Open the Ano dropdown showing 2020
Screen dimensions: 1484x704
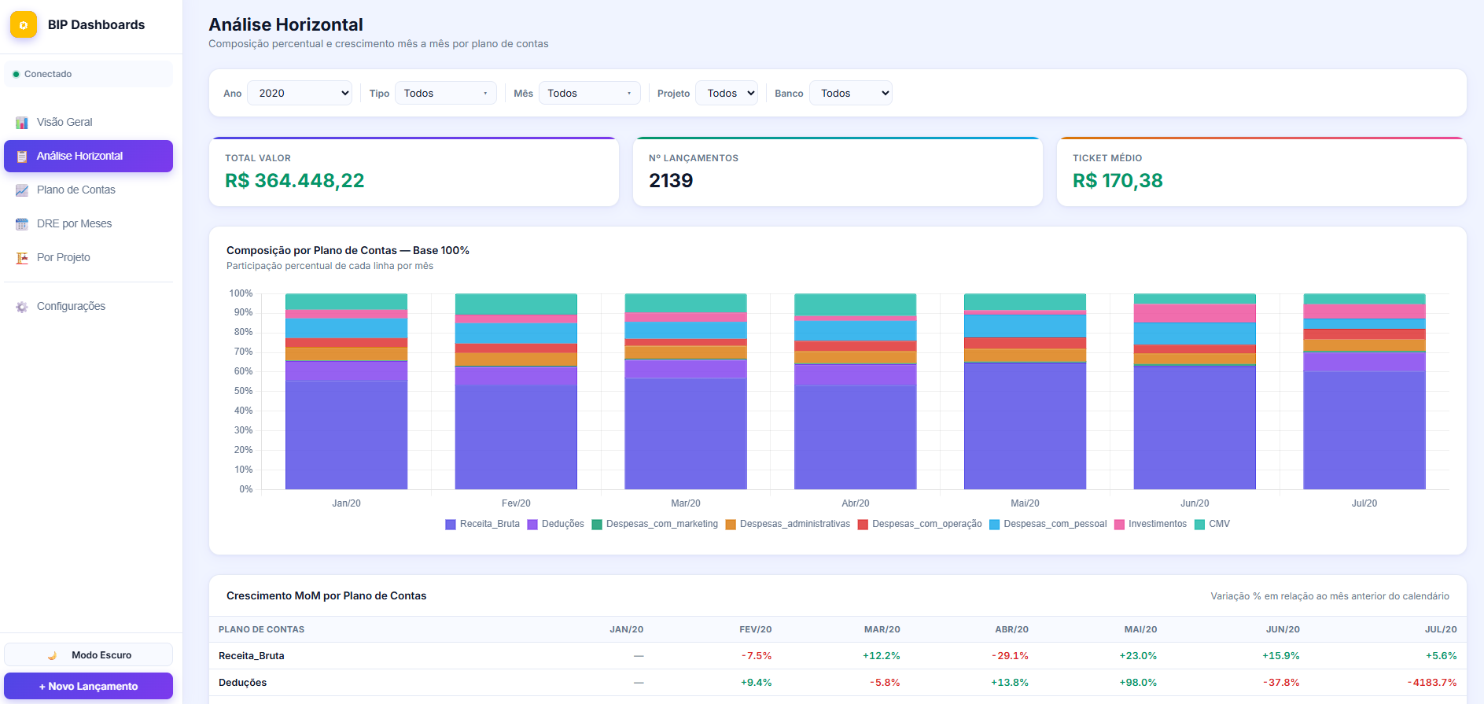coord(300,93)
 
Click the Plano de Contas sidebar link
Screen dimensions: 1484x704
coord(75,190)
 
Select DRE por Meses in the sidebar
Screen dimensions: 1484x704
coord(74,223)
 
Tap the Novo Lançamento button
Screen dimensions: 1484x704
coord(88,686)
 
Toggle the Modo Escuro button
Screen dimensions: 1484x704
coord(88,654)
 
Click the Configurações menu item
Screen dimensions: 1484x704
coord(71,306)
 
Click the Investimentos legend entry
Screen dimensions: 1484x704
coord(1151,524)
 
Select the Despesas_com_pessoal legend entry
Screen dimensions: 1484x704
coord(1048,524)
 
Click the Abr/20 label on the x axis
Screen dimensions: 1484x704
coord(855,503)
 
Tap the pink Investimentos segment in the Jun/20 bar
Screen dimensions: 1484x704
coord(1195,313)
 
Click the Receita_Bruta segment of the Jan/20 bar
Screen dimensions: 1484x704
coord(346,435)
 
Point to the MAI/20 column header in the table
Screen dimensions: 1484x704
coord(1140,629)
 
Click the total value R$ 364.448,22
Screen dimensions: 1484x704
coord(295,180)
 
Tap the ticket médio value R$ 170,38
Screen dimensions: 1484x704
coord(1118,180)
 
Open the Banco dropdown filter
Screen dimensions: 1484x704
coord(851,93)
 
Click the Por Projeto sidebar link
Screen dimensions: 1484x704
coord(63,257)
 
